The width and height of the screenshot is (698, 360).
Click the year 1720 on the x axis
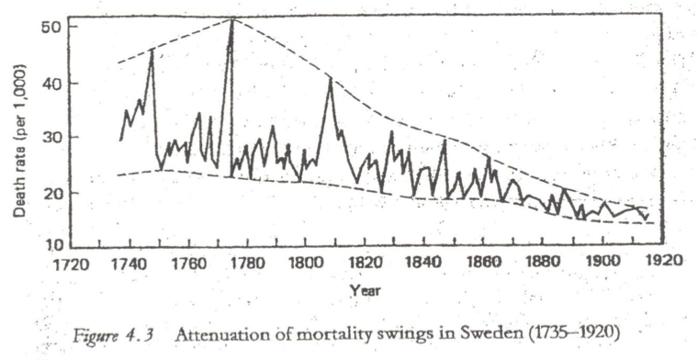tap(72, 264)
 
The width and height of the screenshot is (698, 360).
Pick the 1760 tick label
tap(189, 264)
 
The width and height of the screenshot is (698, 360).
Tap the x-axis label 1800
tap(305, 263)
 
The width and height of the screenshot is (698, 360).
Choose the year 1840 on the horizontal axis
tap(422, 263)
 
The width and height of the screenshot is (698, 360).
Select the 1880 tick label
tap(542, 261)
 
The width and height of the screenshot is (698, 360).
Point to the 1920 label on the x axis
tap(664, 260)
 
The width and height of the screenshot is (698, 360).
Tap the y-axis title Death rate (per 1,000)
tap(19, 141)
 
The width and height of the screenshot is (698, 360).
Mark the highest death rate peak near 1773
tap(232, 19)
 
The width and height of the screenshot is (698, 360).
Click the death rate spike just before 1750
tap(152, 50)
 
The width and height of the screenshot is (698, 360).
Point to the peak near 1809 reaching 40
tap(330, 79)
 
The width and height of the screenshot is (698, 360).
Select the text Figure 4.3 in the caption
tap(113, 335)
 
